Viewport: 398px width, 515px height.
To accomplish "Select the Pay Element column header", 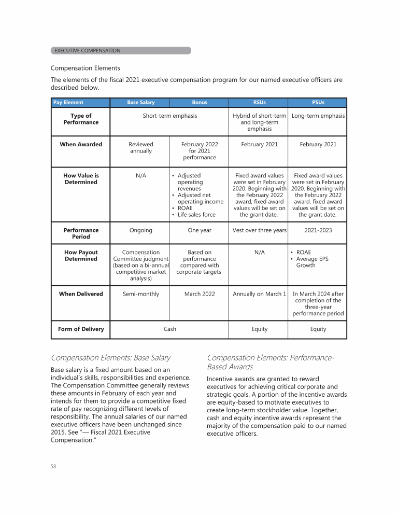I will [68, 103].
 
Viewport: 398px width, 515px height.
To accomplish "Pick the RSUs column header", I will [259, 103].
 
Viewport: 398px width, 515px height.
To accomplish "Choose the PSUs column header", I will [318, 103].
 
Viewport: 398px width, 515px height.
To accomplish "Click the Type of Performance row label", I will [81, 119].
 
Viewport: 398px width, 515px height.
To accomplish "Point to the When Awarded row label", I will [81, 144].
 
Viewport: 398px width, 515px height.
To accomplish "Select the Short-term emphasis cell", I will [170, 116].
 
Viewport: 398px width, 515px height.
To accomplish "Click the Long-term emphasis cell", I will [318, 116].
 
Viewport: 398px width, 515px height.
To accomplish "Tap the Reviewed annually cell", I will [140, 148].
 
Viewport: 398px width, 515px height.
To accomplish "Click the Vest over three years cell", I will [259, 230].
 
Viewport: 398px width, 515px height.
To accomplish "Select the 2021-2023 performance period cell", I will [318, 230].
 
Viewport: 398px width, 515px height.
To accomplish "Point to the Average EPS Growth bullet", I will [312, 262].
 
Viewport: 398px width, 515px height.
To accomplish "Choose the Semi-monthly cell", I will [140, 294].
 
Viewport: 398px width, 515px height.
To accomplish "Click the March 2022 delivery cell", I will [199, 294].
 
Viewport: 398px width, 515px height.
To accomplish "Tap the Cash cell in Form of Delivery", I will [170, 329].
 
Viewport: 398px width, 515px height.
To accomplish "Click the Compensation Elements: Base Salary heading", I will [110, 357].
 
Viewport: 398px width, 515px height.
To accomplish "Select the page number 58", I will [53, 466].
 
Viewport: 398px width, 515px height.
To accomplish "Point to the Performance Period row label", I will [81, 233].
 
